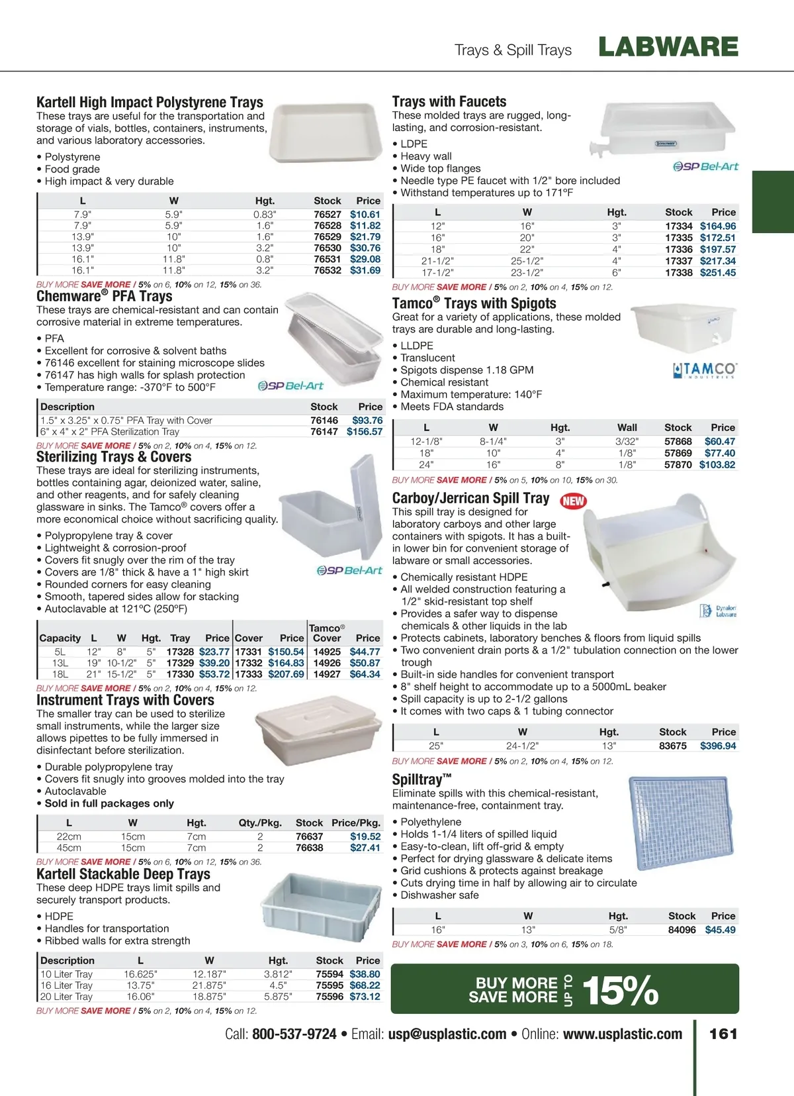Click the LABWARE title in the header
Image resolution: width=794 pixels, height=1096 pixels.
point(668,47)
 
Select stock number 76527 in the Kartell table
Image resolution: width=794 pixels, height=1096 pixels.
point(327,214)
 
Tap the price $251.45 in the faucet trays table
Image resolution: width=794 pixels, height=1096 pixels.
point(717,272)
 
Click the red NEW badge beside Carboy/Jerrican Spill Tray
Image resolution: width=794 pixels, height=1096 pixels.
point(573,501)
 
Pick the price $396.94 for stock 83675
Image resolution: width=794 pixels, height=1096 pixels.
point(717,746)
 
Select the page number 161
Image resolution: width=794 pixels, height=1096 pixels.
point(723,1034)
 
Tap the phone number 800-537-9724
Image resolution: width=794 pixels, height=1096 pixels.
point(294,1034)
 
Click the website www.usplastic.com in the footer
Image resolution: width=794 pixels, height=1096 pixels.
point(622,1034)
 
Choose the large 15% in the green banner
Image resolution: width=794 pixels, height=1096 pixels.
point(619,990)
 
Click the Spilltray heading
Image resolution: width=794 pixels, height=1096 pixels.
point(421,779)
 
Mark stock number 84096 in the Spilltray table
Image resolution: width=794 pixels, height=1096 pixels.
point(682,930)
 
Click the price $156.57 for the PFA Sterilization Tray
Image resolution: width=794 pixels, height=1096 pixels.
point(364,431)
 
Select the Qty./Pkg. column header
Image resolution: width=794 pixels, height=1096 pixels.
point(260,822)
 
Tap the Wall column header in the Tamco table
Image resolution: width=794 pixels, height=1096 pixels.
point(627,427)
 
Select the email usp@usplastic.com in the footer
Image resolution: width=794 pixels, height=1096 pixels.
point(447,1034)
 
